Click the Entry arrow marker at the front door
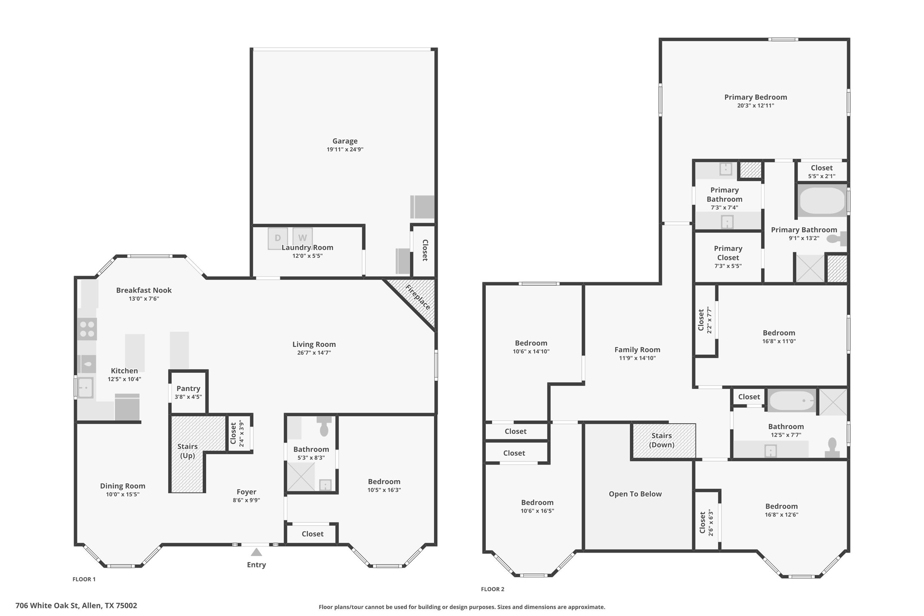[256, 552]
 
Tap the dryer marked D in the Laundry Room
[277, 238]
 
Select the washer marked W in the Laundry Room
[302, 237]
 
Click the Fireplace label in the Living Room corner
[418, 297]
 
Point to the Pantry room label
[188, 388]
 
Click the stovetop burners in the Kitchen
[87, 329]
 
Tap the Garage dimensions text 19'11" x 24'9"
[345, 150]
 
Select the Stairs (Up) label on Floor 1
[188, 451]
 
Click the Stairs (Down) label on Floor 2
[662, 440]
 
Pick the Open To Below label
[635, 494]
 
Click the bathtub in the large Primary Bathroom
[822, 201]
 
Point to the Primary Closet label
[728, 253]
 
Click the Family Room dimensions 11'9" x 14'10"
[637, 358]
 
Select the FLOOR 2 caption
[493, 589]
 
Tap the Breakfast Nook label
[144, 290]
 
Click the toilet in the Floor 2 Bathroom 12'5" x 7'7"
[832, 448]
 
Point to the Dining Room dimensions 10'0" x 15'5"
[123, 494]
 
